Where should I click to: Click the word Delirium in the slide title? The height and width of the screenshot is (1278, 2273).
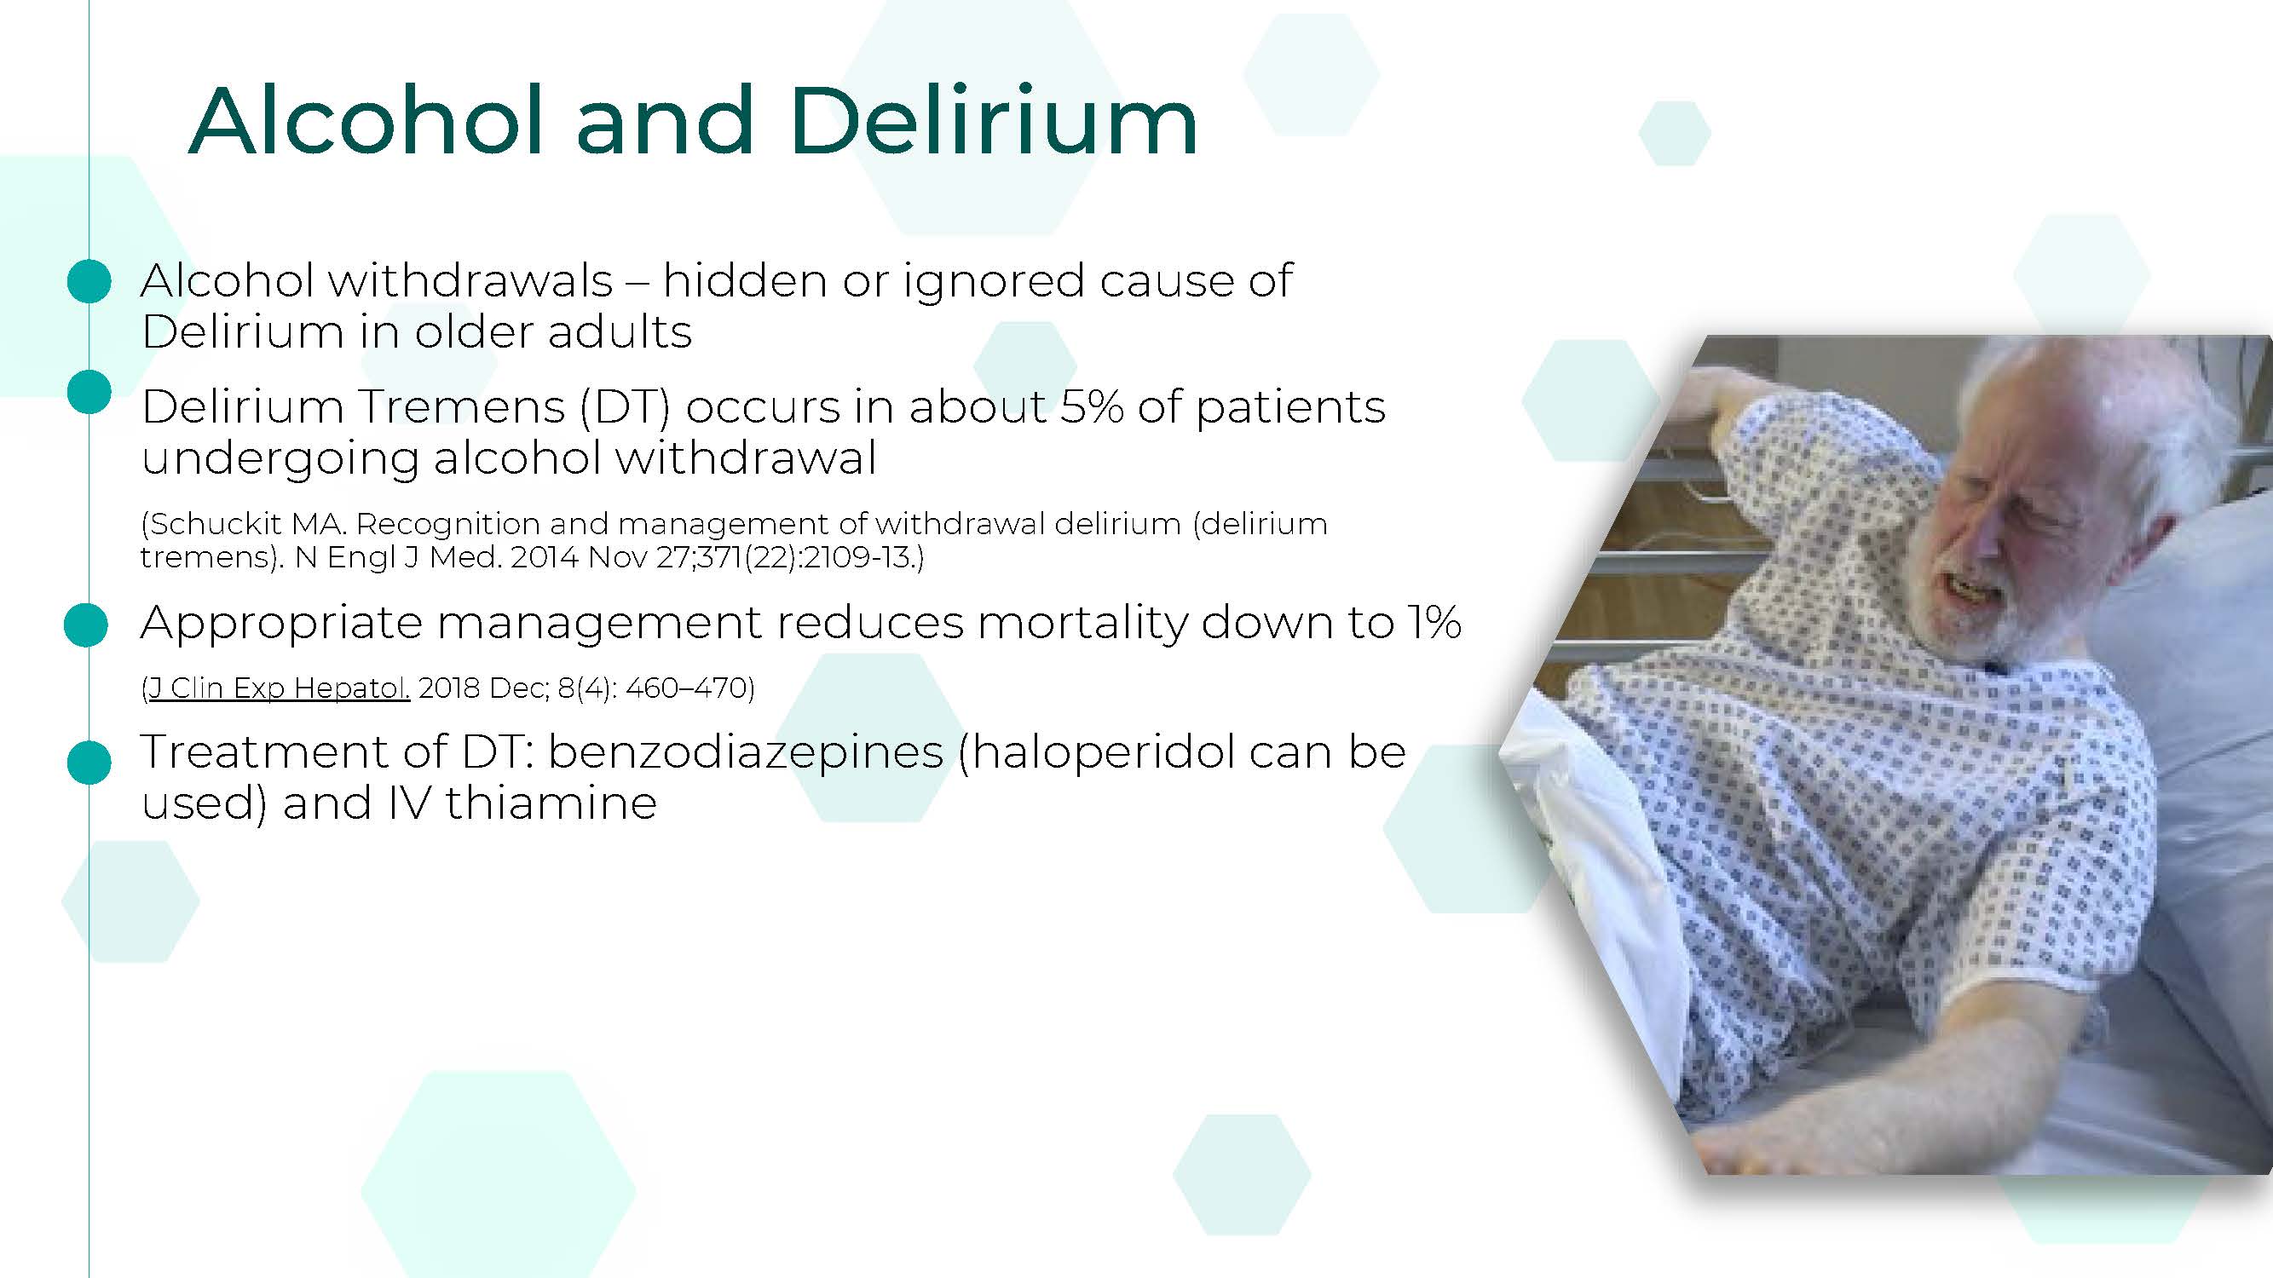pos(993,122)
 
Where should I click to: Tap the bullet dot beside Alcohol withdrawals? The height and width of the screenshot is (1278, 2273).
pos(89,281)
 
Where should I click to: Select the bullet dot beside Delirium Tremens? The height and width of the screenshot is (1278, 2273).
pos(89,392)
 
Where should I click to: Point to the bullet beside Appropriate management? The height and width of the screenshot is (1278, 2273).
pos(86,625)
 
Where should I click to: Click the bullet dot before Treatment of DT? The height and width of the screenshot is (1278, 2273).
pos(89,762)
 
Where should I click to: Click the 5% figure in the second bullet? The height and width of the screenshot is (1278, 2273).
pos(1092,406)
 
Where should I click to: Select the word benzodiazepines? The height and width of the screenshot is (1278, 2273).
pos(746,752)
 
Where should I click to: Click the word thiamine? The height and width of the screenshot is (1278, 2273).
pos(551,803)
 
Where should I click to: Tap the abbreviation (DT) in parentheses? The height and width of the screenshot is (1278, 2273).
pos(626,406)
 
